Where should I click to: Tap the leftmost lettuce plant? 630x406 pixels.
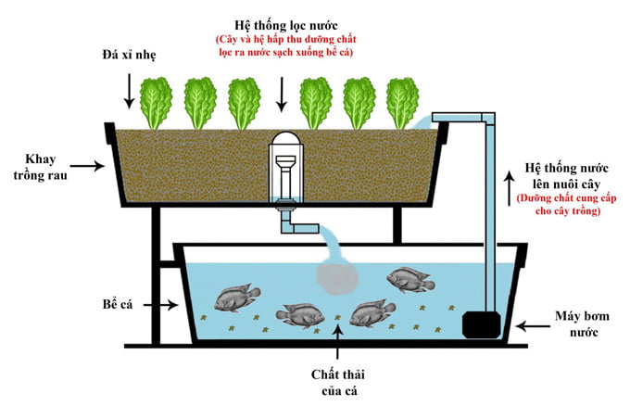point(155,102)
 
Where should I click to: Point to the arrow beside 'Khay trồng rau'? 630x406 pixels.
point(84,167)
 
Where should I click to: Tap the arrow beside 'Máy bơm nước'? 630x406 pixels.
point(532,325)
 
